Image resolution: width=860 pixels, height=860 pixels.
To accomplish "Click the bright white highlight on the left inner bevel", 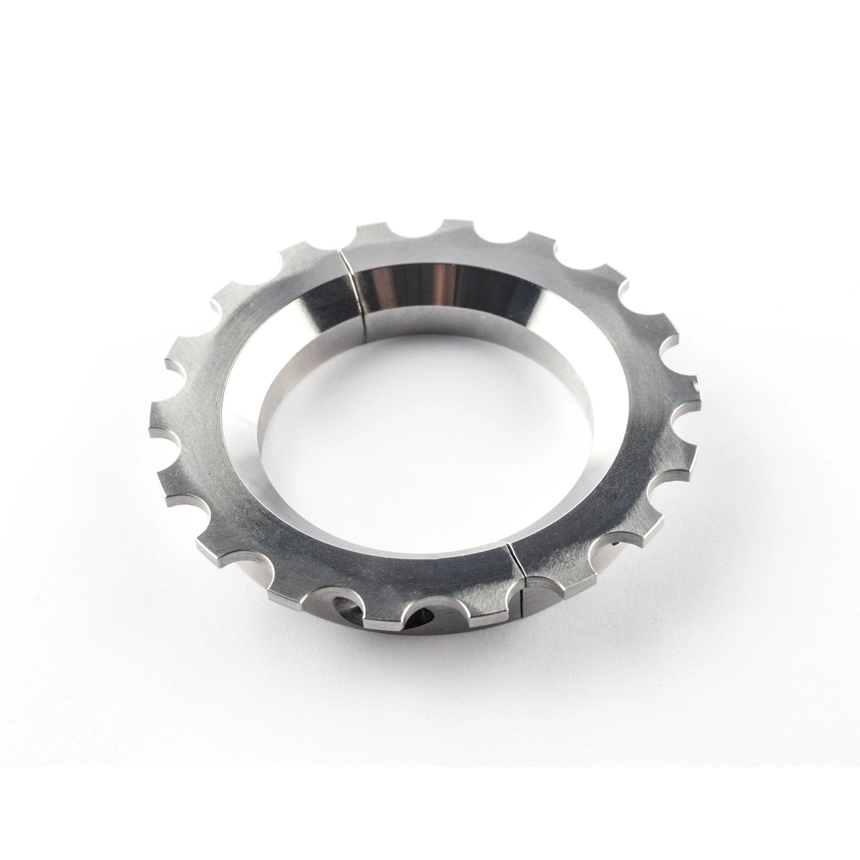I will click(x=236, y=378).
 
